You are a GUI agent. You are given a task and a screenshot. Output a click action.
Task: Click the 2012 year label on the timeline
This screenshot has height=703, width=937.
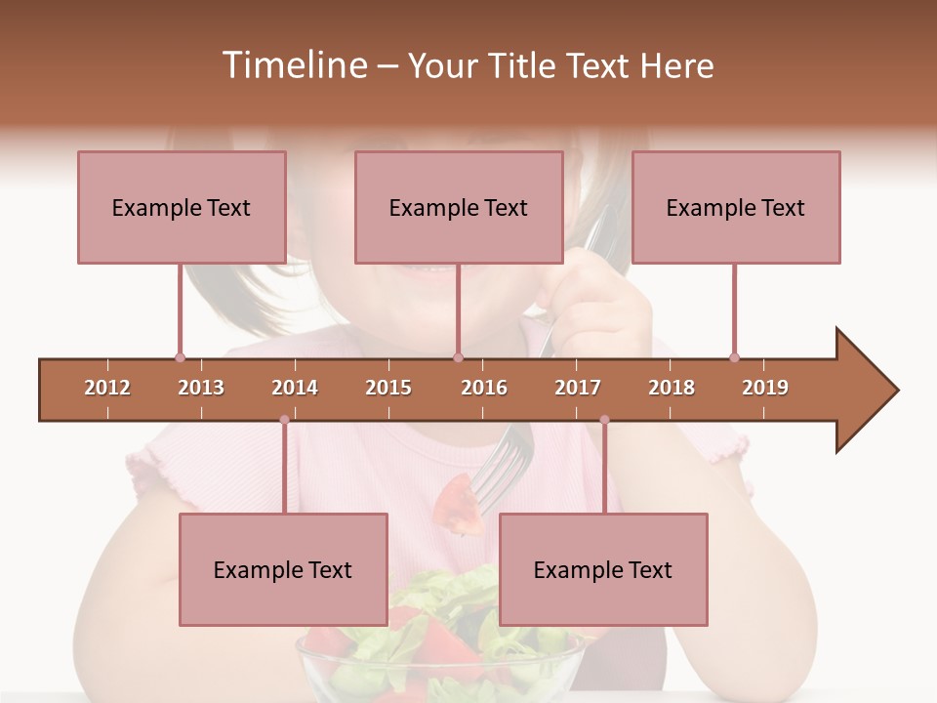(107, 388)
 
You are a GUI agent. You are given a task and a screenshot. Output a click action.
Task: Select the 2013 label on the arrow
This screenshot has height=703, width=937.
(201, 388)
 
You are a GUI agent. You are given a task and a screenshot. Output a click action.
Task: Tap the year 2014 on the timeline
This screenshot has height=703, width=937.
(295, 388)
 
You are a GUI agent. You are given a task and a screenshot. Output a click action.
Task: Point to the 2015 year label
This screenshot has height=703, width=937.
(388, 388)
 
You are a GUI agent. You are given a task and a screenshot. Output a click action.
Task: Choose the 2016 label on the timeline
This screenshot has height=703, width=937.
(484, 388)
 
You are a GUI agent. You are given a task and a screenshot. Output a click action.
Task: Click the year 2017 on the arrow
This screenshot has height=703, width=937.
(578, 388)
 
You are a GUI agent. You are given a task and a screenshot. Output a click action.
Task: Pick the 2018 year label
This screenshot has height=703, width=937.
(672, 388)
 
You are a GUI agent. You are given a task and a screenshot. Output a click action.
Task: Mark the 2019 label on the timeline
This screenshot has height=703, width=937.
(765, 388)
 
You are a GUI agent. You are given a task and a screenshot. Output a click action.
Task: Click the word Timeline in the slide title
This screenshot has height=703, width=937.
(293, 65)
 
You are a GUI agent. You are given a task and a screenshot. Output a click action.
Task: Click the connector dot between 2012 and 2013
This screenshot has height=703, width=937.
(180, 357)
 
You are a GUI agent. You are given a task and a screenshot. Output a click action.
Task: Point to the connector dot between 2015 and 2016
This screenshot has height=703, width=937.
(458, 357)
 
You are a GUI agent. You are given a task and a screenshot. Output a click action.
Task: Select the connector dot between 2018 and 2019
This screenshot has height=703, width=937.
(734, 357)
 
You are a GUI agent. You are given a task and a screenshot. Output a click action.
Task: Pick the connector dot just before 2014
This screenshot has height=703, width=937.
(284, 420)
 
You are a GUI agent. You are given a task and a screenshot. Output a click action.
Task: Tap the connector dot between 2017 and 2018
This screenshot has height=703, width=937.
(604, 420)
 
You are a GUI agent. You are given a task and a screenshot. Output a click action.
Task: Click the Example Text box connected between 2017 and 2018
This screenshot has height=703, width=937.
(603, 569)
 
